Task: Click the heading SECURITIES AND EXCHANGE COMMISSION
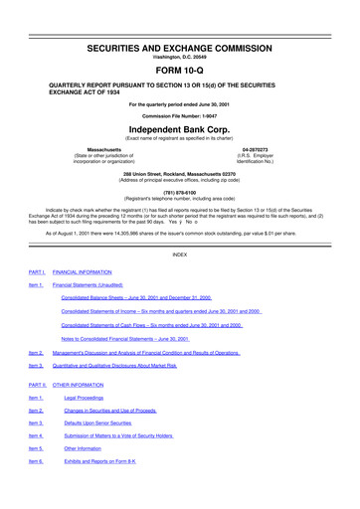[x=179, y=21]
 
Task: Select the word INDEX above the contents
[x=179, y=254]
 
